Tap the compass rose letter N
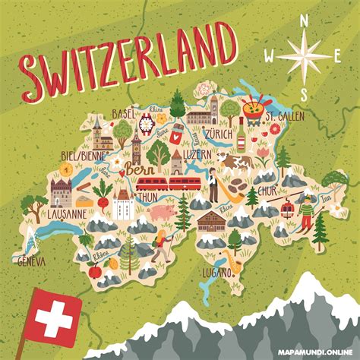tap(305, 22)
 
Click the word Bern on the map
tap(140, 169)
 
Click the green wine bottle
tap(243, 137)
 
